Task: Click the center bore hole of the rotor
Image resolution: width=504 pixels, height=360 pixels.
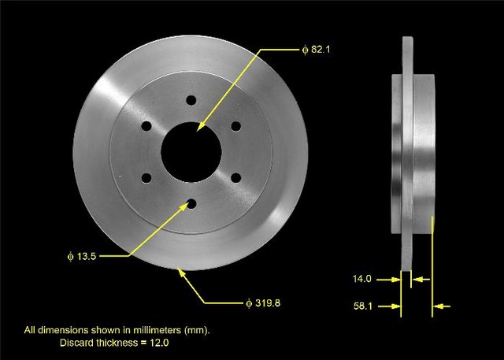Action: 190,150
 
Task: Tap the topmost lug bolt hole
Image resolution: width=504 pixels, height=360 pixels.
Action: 190,100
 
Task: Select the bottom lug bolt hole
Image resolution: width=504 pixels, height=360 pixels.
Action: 190,203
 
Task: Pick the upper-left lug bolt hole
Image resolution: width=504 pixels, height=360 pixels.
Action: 146,126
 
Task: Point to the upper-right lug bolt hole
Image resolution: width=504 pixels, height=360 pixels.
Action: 235,126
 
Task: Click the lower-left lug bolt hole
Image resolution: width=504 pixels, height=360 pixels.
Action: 146,177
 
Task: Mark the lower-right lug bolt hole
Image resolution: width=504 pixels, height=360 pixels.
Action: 235,177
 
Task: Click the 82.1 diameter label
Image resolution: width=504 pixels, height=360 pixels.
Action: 320,50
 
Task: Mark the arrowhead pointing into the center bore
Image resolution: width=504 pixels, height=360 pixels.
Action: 200,129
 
